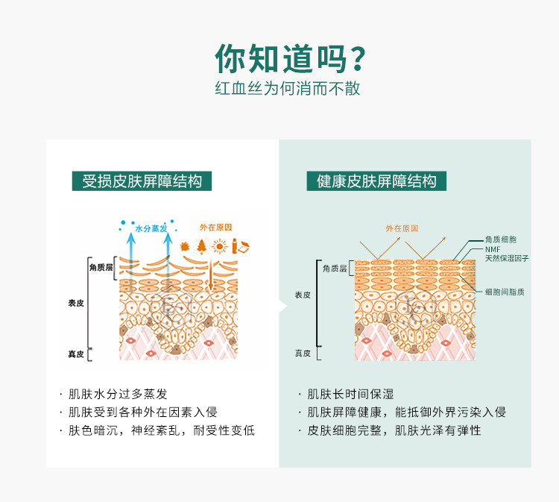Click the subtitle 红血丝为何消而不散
point(287,88)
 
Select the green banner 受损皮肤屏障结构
point(142,181)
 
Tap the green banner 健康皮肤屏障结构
point(376,181)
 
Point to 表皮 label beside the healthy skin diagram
point(303,295)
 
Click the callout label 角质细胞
point(501,239)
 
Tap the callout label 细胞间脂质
point(505,292)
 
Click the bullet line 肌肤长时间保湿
point(350,394)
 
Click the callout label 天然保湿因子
point(507,258)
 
